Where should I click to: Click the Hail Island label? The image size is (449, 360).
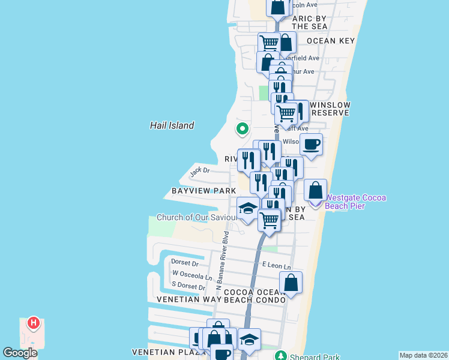pos(172,125)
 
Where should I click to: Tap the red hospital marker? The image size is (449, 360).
pos(34,324)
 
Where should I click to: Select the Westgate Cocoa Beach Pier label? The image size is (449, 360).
pos(356,202)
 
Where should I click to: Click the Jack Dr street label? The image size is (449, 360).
pos(199,171)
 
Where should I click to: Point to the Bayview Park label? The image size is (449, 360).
pos(203,191)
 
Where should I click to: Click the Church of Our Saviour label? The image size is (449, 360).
pos(199,217)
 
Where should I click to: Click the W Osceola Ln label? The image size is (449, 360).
pos(192,277)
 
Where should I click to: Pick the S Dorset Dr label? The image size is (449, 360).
pos(188,287)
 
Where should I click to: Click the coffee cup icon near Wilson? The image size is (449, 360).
pos(312,145)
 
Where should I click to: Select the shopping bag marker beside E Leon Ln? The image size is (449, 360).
pos(291,283)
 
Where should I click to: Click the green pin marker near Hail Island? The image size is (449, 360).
pos(242,128)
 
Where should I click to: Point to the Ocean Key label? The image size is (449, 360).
pos(330,41)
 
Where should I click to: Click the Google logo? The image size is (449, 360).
pos(20,353)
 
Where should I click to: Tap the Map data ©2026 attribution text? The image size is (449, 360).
pos(423,355)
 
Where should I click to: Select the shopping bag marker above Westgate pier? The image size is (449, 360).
pos(315,191)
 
